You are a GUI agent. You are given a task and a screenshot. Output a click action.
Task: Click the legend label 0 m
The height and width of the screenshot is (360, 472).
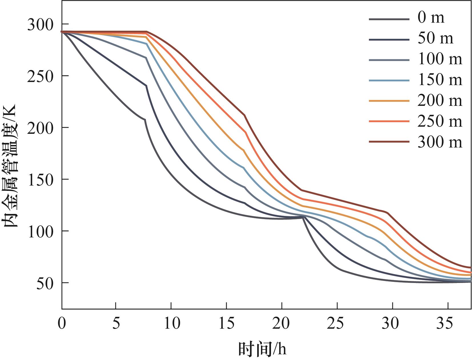click(431, 18)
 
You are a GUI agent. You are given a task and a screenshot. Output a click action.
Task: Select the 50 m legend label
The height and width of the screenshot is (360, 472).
click(435, 38)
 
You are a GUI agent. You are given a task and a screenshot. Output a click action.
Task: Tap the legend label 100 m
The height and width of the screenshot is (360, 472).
click(440, 59)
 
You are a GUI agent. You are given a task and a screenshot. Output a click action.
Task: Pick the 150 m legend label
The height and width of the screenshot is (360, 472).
click(440, 80)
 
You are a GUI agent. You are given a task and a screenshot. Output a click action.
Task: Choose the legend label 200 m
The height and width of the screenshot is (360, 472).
click(440, 100)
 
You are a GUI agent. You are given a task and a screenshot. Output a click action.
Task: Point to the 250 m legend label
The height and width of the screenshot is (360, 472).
click(440, 121)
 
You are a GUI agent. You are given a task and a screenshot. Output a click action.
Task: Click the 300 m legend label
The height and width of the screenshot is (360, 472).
click(440, 142)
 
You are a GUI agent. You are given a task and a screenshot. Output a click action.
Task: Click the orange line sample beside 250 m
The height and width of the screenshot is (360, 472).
click(389, 121)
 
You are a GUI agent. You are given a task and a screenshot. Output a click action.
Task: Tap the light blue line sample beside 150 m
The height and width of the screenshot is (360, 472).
click(389, 80)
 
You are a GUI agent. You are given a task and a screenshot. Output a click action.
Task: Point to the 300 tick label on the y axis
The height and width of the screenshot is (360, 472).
click(40, 25)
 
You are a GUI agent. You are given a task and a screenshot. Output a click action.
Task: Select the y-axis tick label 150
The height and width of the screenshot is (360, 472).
click(40, 180)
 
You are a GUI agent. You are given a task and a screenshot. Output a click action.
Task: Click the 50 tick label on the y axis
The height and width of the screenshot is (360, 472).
click(45, 283)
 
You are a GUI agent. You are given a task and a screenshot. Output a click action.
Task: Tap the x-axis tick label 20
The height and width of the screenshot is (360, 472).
click(281, 323)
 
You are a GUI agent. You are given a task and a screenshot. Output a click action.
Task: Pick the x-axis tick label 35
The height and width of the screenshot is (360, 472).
click(448, 323)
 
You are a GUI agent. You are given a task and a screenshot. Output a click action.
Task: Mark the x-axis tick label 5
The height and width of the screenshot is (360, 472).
click(116, 323)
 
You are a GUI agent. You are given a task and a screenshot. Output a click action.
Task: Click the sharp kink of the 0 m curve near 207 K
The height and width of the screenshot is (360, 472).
click(145, 120)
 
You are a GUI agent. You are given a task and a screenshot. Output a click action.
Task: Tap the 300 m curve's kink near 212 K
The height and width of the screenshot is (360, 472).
click(244, 115)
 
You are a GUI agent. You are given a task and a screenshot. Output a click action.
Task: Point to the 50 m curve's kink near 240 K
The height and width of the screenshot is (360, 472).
click(146, 86)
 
